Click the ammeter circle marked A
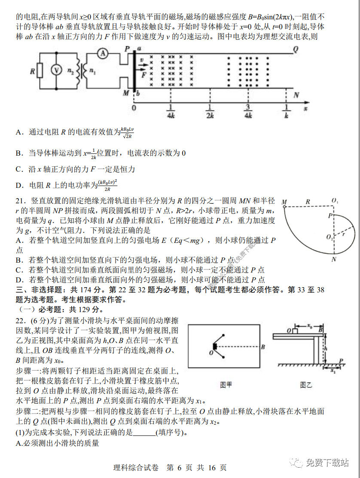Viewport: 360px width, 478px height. tap(102, 53)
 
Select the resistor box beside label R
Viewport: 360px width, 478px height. tap(40, 70)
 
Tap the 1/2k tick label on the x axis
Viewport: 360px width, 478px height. tap(210, 112)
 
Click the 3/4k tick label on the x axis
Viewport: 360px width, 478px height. tap(247, 112)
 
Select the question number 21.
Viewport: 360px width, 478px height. tap(21, 201)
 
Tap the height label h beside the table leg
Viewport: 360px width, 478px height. tap(326, 348)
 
